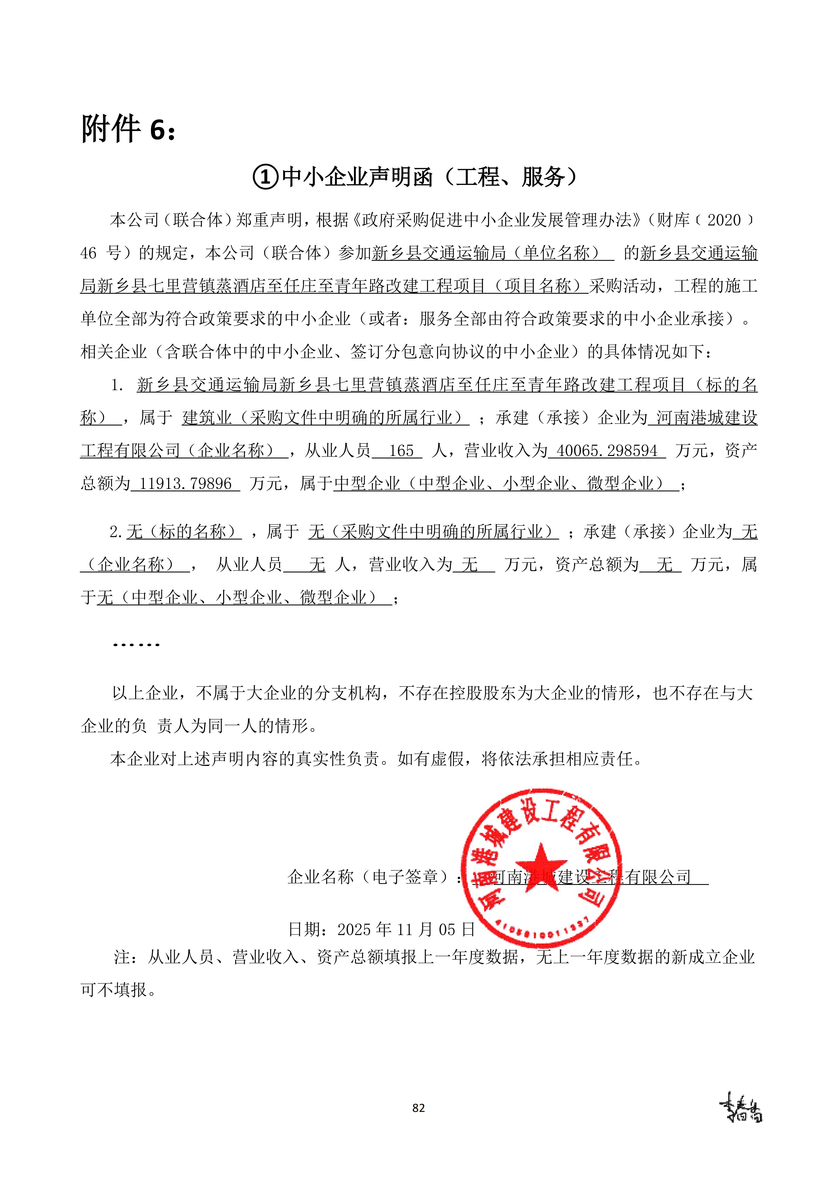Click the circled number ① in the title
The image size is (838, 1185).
266,177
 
